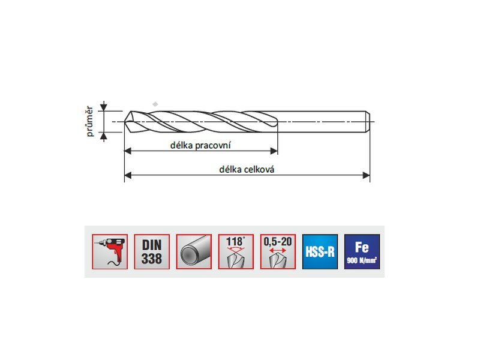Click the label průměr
89,121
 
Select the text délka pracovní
200,145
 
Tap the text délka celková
247,169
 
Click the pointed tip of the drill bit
125,122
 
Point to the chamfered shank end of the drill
368,122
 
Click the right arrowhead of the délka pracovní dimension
274,151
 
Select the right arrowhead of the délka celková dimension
366,175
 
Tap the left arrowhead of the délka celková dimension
128,175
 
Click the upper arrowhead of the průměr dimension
104,107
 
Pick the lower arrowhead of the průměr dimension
104,136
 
